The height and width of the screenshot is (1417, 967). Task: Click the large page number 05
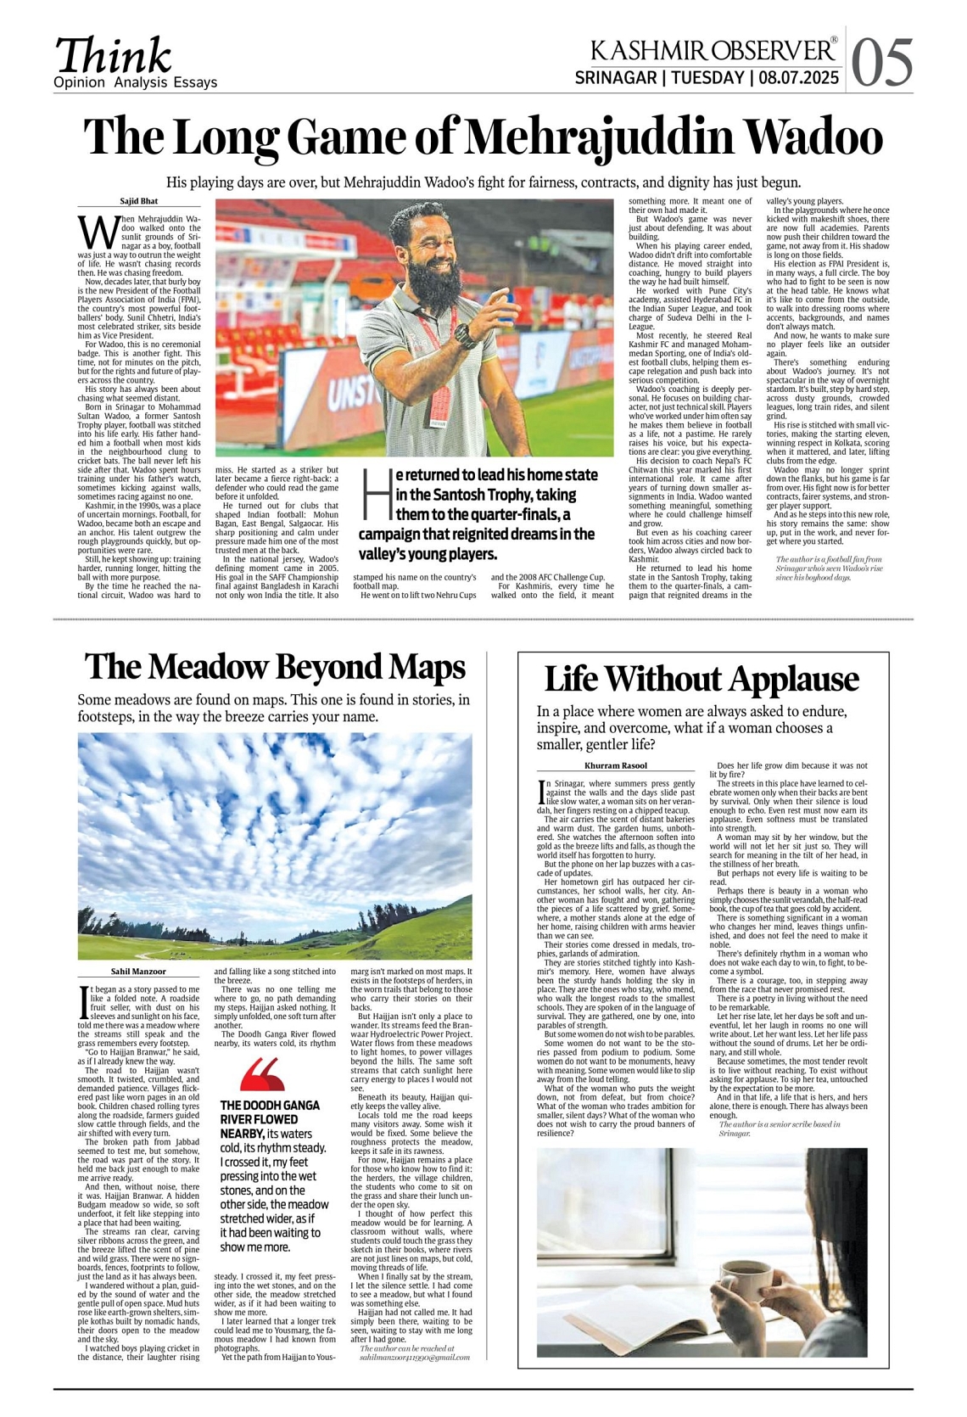(882, 62)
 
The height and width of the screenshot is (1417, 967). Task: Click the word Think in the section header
(113, 56)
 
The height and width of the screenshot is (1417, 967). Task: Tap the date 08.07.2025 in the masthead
(799, 79)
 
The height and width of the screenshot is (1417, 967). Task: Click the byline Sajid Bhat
(139, 201)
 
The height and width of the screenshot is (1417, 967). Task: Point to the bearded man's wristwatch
(463, 336)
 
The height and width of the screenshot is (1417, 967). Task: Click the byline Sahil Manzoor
(139, 971)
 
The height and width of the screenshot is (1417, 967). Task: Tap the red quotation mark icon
(261, 1074)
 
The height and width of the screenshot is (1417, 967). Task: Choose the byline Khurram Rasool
(616, 765)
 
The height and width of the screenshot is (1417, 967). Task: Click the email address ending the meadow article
(415, 1357)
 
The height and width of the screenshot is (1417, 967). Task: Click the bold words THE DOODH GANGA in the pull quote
(270, 1106)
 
